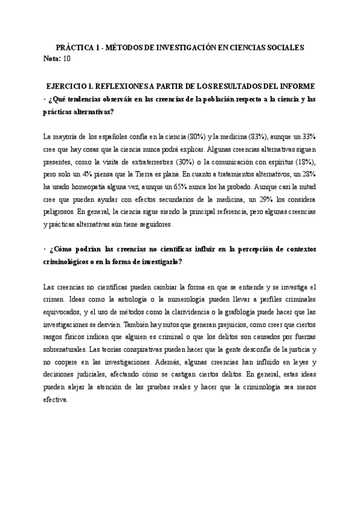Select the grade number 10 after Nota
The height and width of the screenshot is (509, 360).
click(67, 58)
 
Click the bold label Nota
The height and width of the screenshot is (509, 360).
click(52, 58)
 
